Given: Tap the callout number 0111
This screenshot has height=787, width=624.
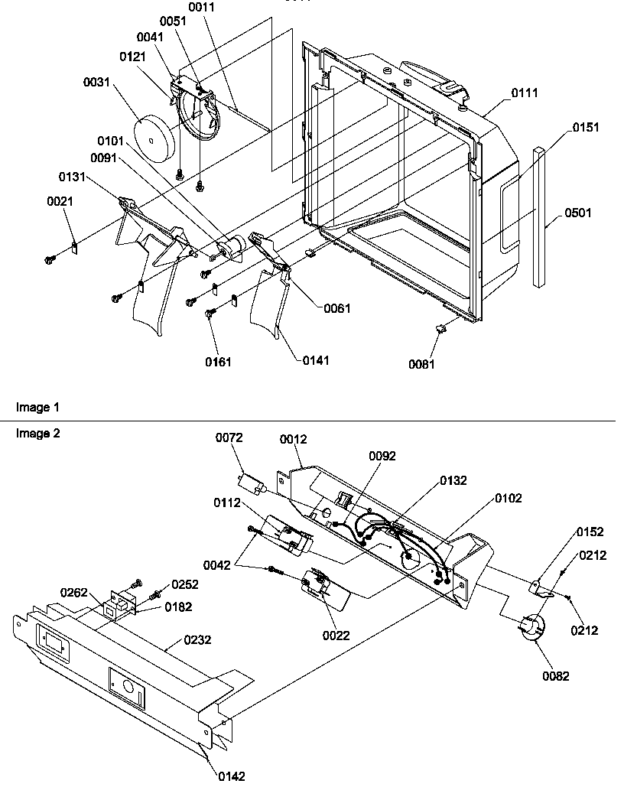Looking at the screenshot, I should point(524,93).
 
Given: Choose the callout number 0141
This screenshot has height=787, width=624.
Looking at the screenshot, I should point(315,359).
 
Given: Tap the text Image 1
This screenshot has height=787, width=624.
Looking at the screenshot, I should point(37,407).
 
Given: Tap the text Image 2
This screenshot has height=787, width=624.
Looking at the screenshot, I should point(37,433).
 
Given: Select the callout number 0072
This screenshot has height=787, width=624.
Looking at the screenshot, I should point(228,437).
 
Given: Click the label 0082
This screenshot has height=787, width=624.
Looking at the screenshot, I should point(556,675).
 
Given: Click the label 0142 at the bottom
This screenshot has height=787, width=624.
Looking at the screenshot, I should point(232,776).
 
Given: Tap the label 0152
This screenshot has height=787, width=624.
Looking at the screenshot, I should point(590,532).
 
